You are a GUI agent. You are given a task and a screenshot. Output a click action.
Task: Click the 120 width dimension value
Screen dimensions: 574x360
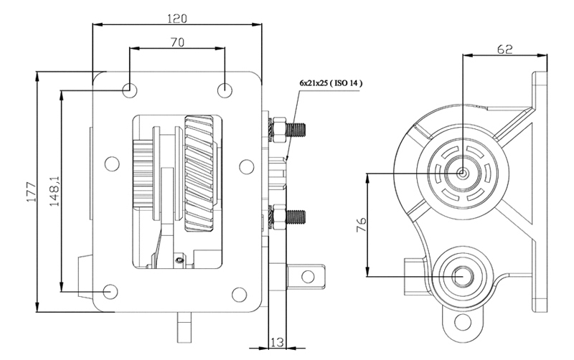(177, 18)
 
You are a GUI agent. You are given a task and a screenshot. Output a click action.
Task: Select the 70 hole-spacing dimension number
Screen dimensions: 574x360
(177, 42)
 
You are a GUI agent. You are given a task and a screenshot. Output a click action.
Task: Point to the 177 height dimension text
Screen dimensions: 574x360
(31, 191)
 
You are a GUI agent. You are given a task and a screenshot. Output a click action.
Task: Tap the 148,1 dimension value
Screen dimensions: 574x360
(55, 190)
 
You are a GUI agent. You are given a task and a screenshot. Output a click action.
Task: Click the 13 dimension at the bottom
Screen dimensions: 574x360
(277, 343)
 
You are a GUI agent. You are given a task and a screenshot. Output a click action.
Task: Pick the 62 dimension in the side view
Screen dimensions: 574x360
(505, 49)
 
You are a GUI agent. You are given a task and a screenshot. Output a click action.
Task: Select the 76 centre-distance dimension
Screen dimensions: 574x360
(361, 224)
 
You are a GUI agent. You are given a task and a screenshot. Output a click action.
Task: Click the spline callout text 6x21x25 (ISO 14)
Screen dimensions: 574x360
(331, 83)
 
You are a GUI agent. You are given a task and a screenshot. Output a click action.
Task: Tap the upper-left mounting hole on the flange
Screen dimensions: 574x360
(130, 90)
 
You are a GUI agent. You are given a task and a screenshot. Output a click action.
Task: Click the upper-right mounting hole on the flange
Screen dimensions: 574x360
(225, 90)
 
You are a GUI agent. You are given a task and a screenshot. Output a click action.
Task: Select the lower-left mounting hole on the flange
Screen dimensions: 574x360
(110, 292)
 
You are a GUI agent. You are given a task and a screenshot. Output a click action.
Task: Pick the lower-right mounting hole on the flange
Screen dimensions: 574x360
(239, 294)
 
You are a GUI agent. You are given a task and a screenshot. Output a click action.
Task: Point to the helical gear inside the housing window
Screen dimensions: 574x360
(199, 173)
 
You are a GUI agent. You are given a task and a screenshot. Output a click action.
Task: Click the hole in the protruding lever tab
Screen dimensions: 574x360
(309, 276)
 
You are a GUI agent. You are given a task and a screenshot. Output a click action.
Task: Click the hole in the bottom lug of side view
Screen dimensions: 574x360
(462, 322)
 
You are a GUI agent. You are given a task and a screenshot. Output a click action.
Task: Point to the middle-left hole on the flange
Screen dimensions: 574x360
(112, 164)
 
